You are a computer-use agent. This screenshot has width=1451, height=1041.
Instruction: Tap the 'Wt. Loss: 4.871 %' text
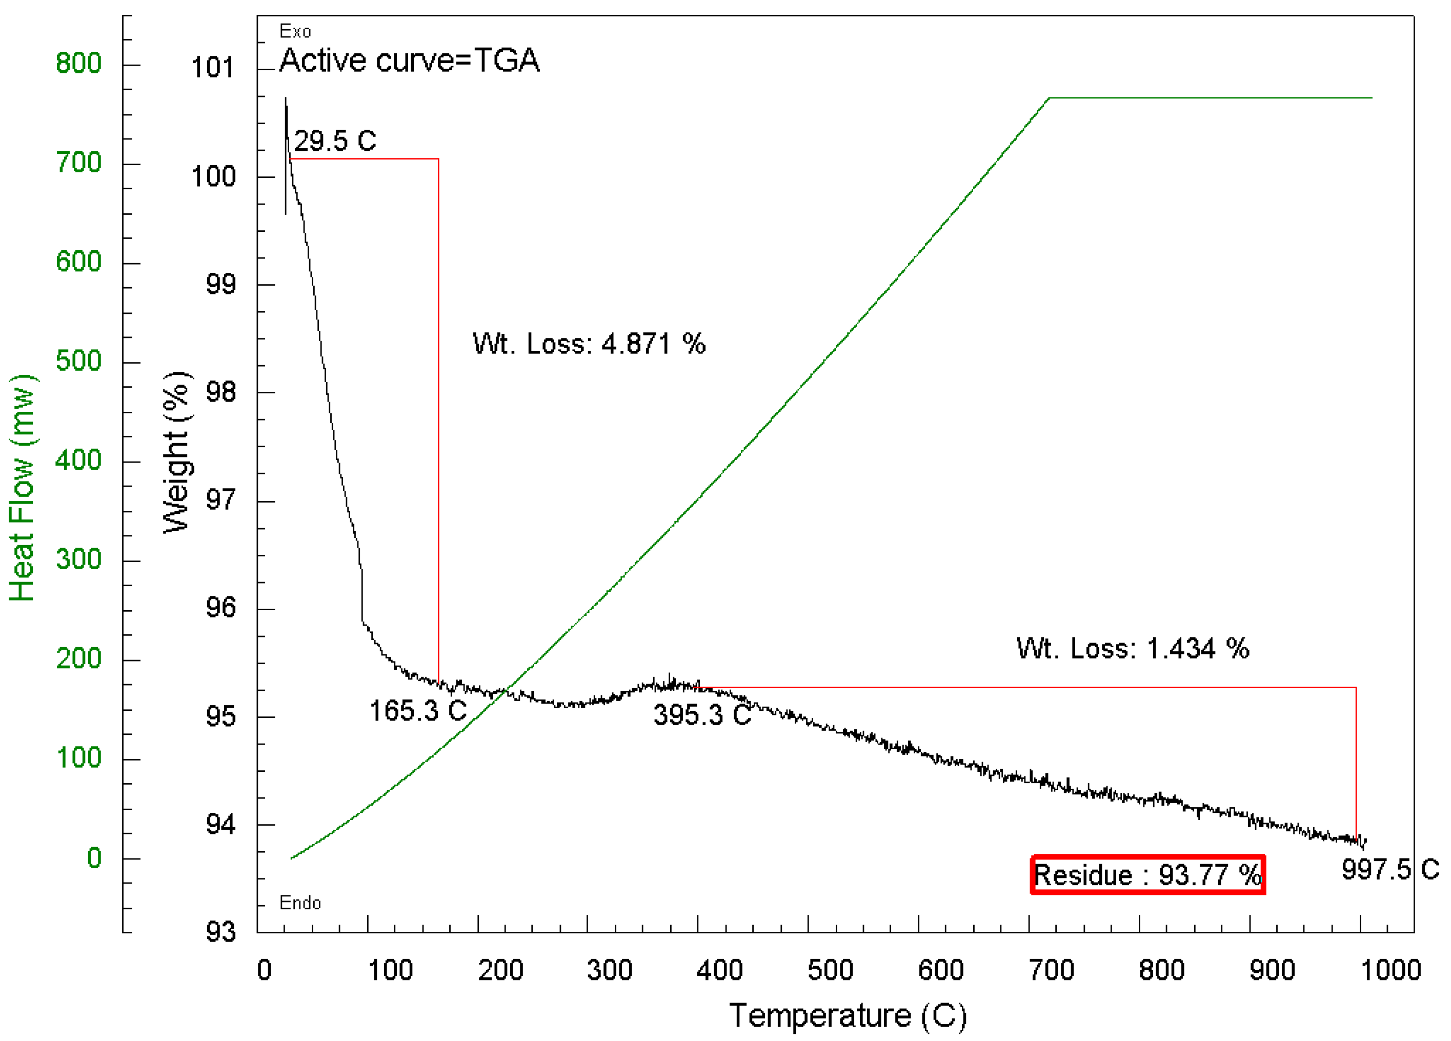point(589,344)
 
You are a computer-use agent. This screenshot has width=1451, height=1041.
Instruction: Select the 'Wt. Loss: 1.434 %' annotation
point(1133,649)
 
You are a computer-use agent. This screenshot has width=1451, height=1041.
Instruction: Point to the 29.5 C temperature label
point(335,141)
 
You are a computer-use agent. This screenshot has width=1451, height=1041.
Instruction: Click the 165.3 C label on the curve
point(418,711)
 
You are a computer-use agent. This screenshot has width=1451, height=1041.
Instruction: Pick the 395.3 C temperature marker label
point(702,715)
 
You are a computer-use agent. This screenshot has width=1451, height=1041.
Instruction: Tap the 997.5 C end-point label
point(1389,870)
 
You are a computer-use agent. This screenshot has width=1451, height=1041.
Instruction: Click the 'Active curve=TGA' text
point(410,61)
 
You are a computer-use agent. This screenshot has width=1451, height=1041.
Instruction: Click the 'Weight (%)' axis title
point(176,452)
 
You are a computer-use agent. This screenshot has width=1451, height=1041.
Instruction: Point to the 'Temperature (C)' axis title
point(848,1015)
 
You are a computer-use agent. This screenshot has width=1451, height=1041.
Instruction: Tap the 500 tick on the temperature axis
point(830,971)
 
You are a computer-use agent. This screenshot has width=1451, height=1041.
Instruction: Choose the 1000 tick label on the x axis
point(1389,971)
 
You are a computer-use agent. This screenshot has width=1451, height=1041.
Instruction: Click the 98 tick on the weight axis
point(220,392)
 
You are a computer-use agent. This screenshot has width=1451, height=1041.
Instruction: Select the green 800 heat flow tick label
point(78,64)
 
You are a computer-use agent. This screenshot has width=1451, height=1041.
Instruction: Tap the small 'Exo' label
point(295,31)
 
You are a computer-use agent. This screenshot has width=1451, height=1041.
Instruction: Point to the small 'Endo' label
point(299,903)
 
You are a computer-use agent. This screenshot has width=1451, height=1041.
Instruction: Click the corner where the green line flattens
point(1049,98)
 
